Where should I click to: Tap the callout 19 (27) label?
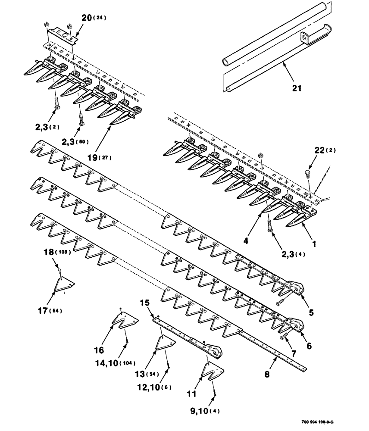[x=98, y=157]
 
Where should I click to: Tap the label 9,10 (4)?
[x=194, y=411]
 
